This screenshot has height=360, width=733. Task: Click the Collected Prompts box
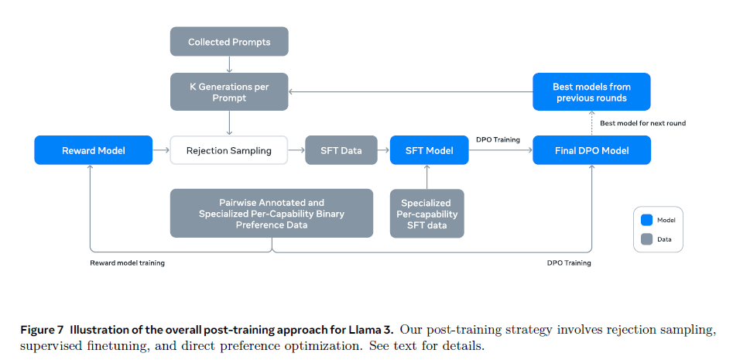(229, 42)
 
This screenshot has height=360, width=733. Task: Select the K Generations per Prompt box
(229, 92)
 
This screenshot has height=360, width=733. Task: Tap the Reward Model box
(93, 150)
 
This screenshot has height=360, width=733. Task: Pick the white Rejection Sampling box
(229, 150)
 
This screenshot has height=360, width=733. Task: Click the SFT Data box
(341, 150)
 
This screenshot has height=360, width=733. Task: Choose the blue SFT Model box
(429, 150)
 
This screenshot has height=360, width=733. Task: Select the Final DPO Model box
(591, 150)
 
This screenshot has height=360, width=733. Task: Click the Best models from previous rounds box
(591, 92)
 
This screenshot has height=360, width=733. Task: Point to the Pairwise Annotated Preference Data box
(271, 214)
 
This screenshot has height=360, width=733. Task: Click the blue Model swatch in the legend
(647, 220)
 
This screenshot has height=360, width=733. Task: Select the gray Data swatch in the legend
(647, 239)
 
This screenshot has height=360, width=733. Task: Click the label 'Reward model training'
(128, 263)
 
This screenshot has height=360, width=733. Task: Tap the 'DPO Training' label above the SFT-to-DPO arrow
(498, 140)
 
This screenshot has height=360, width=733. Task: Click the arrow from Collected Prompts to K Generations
(229, 64)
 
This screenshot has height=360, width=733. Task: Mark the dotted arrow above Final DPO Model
(591, 123)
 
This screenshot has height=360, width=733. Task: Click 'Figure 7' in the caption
(44, 330)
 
